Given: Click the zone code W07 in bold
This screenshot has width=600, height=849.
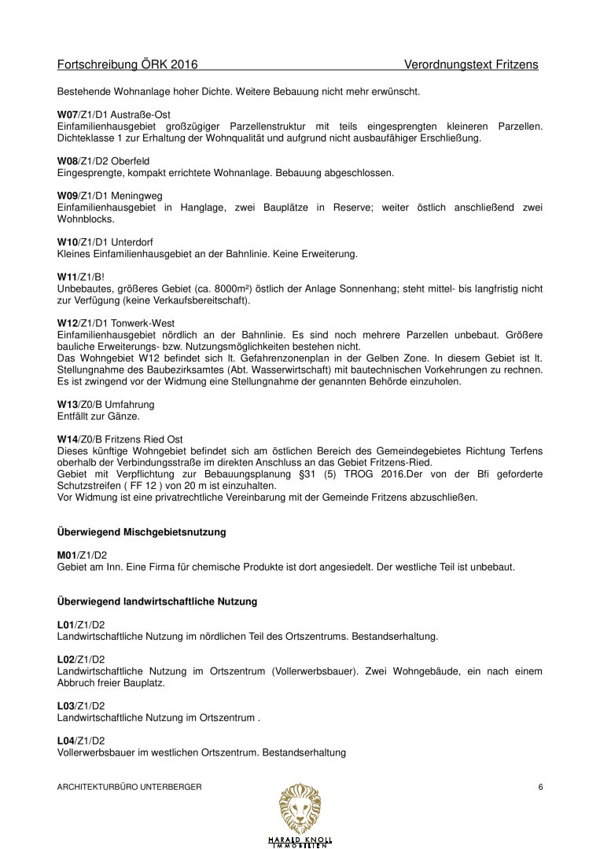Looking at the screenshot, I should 68,115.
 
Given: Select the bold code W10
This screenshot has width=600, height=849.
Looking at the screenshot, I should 68,242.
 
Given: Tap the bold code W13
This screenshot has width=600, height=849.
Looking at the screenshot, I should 68,404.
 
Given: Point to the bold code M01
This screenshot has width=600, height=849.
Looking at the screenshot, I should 68,554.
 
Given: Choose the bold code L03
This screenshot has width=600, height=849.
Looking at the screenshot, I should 68,706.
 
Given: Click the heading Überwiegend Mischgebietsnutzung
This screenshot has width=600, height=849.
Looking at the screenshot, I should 142,532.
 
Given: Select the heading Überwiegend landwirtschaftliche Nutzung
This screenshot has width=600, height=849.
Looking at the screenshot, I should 157,601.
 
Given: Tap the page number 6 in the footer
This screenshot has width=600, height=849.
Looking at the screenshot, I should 541,788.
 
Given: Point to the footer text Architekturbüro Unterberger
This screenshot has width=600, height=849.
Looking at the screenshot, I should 130,788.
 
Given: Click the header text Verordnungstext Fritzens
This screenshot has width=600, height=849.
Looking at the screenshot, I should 471,64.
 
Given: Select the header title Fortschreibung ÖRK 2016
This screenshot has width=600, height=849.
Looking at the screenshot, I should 127,64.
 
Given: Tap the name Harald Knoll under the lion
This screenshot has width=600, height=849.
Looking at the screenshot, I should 300,839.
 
